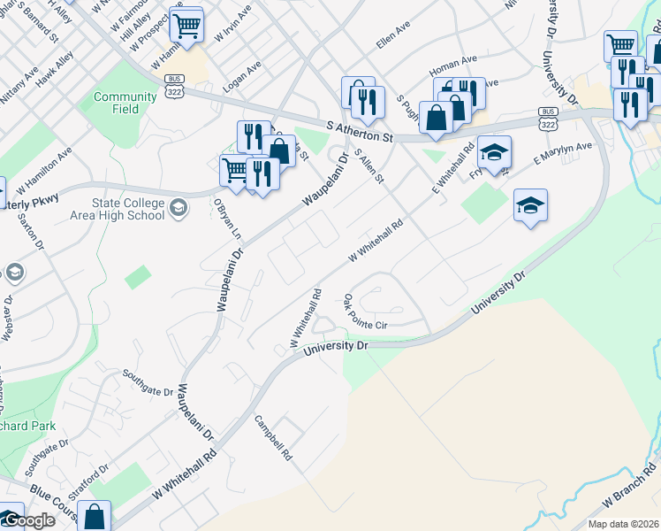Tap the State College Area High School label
click(x=125, y=210)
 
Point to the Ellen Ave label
click(x=393, y=41)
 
